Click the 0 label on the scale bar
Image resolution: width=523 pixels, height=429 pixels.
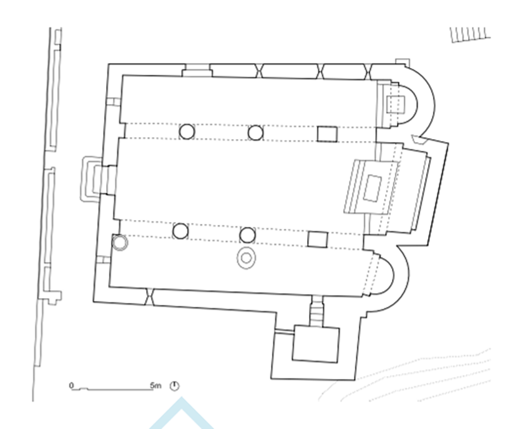pyautogui.click(x=72, y=386)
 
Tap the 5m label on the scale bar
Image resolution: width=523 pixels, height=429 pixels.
pyautogui.click(x=156, y=386)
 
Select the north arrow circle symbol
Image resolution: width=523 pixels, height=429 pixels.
pyautogui.click(x=175, y=386)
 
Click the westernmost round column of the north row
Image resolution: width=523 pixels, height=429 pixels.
pyautogui.click(x=187, y=132)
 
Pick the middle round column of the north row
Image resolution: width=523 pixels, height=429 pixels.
pyautogui.click(x=255, y=132)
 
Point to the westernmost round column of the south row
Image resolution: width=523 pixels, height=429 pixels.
pyautogui.click(x=180, y=231)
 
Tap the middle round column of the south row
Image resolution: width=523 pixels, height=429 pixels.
pyautogui.click(x=248, y=234)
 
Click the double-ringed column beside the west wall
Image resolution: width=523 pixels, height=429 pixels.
pyautogui.click(x=119, y=242)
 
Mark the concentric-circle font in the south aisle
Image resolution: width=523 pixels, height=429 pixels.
pyautogui.click(x=247, y=257)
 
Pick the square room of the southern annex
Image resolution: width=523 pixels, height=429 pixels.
pyautogui.click(x=315, y=343)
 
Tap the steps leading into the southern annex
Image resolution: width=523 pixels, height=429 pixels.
pyautogui.click(x=319, y=309)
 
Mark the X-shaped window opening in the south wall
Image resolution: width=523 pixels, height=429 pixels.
pyautogui.click(x=150, y=297)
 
